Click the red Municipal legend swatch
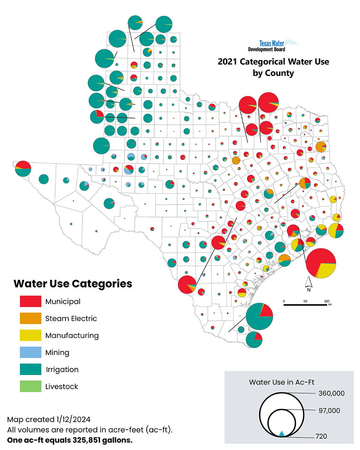(x=30, y=301)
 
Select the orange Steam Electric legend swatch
(x=30, y=318)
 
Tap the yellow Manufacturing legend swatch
(x=30, y=335)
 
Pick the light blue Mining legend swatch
(x=30, y=352)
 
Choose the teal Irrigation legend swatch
(x=30, y=370)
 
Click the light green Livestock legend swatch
(x=30, y=387)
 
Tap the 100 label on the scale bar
(x=327, y=301)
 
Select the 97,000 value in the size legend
(x=328, y=411)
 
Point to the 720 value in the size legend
(x=321, y=437)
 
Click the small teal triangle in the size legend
(x=282, y=434)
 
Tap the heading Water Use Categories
(x=72, y=284)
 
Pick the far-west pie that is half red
(x=23, y=168)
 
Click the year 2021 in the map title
(x=227, y=62)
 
